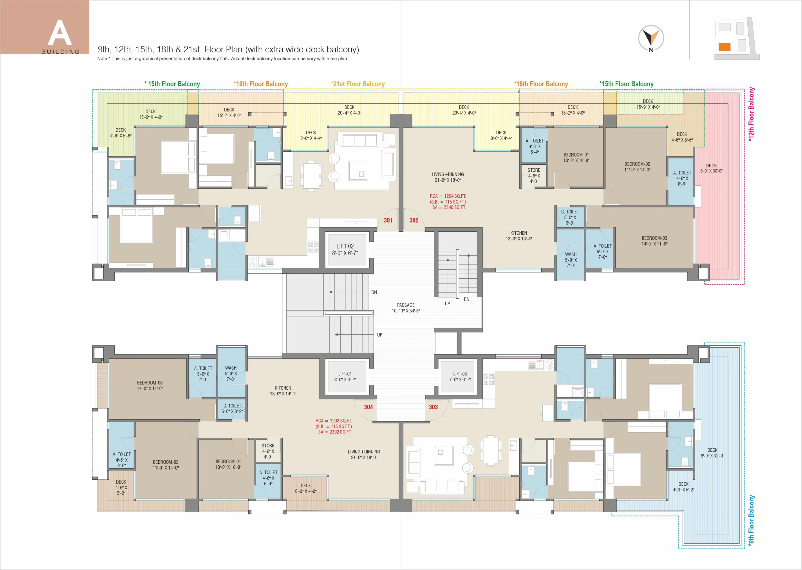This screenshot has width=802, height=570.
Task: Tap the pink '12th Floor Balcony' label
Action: [x=751, y=114]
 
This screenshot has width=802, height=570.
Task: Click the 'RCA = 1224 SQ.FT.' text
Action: [x=448, y=196]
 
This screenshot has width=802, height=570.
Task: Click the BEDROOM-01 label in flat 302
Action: [x=576, y=155]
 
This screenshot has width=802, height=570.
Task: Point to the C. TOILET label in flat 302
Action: [x=570, y=212]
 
